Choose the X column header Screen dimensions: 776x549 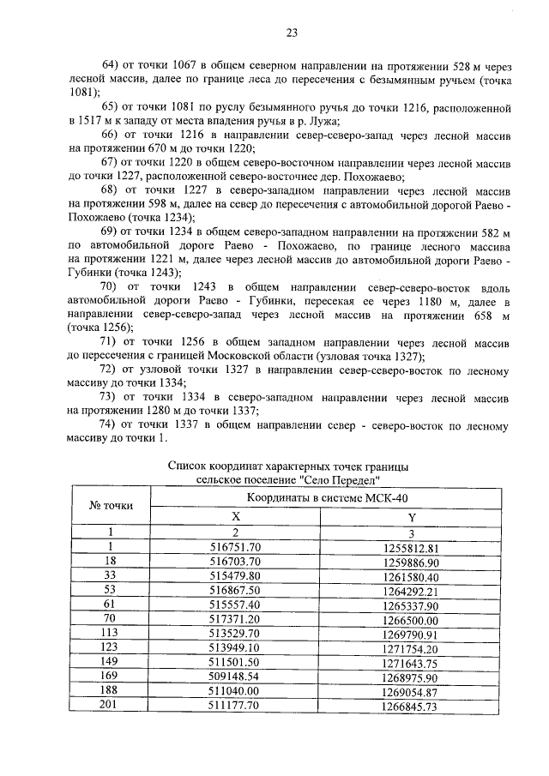click(235, 516)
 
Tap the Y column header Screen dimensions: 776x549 click(411, 516)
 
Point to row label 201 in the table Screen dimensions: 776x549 click(110, 705)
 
